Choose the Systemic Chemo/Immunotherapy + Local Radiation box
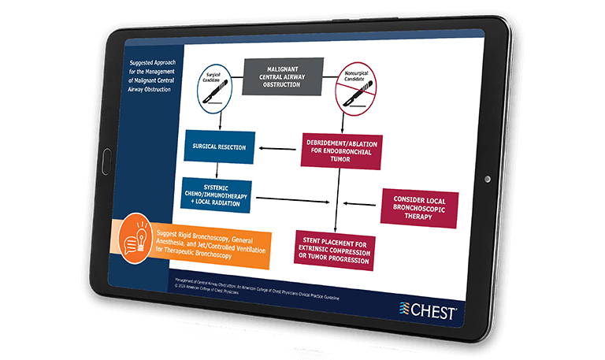pos(216,195)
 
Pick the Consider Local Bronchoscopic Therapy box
pos(418,208)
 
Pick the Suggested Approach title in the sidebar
pos(152,76)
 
